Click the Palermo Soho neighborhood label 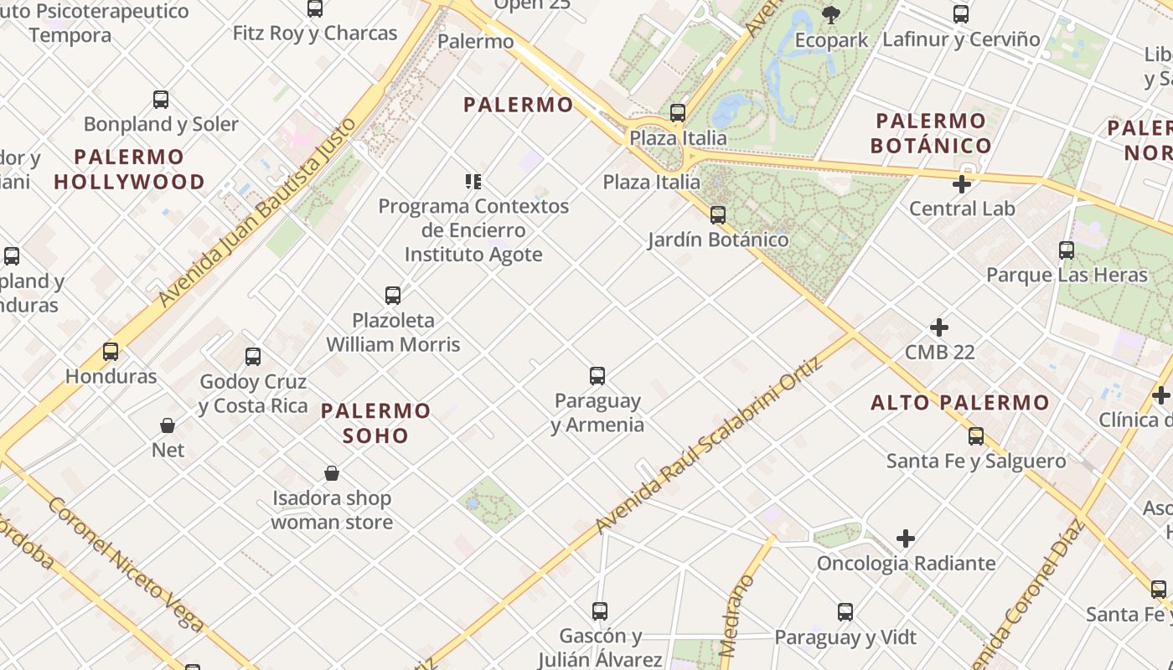375,423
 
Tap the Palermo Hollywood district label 129,169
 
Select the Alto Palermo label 959,403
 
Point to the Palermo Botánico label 931,133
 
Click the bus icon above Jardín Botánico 718,215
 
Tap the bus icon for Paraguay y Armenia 597,376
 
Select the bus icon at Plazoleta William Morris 393,296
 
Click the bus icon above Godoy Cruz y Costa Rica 253,357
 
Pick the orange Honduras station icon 111,352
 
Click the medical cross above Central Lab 962,184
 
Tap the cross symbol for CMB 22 939,327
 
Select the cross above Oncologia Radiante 906,539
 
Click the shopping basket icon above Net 168,425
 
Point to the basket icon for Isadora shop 332,474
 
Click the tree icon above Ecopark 831,14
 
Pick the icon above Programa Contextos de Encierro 473,182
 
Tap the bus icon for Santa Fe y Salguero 976,436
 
